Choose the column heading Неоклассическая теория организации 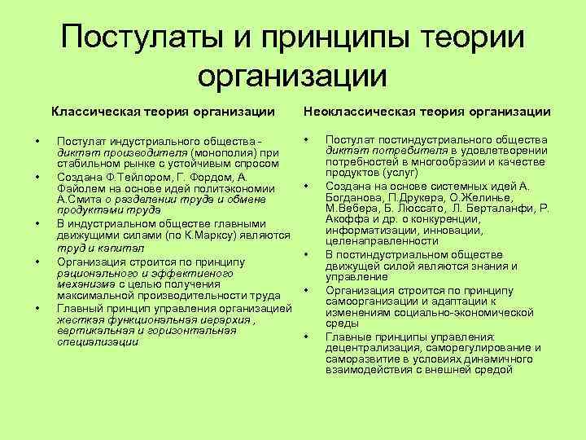tap(426, 111)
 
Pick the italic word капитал tap(121, 249)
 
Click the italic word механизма tap(85, 284)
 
